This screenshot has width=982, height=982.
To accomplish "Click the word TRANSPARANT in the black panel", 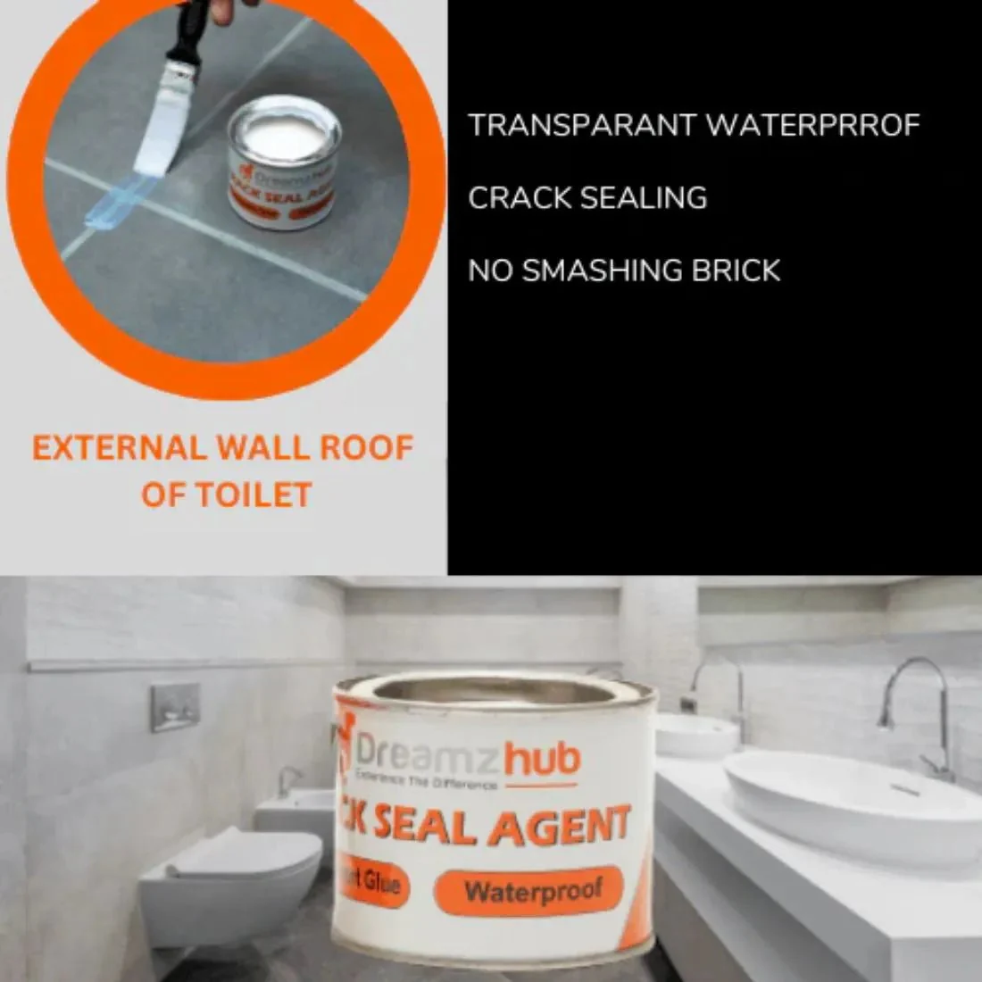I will (x=580, y=126).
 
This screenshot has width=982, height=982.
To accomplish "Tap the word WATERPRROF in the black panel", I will (x=812, y=126).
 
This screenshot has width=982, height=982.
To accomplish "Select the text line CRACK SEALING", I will (x=587, y=198).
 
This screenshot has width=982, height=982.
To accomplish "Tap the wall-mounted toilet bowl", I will (x=232, y=879).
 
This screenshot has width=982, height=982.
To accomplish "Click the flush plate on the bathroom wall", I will (x=175, y=707).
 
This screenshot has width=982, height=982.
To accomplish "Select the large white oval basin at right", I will (x=848, y=803).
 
